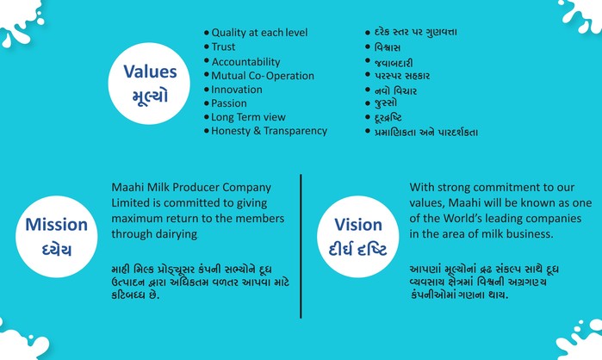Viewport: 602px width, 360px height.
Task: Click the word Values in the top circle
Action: tap(150, 71)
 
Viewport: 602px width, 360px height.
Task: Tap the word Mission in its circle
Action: tap(57, 225)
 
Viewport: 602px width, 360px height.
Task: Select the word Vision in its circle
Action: tap(358, 225)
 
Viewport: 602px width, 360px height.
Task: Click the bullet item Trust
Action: tap(223, 47)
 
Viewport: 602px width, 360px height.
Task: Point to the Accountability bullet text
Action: tap(245, 62)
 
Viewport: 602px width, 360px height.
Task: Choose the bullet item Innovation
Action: tap(237, 90)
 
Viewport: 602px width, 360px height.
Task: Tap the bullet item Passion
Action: tap(229, 103)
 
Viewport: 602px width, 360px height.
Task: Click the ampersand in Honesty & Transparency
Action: tap(258, 131)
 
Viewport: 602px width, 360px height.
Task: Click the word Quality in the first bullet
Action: tap(229, 33)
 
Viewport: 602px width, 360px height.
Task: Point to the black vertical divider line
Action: tap(301, 246)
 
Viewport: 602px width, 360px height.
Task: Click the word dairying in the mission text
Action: tap(176, 234)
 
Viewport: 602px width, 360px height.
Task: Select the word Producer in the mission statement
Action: tap(195, 187)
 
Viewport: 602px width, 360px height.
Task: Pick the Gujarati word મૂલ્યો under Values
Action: tap(150, 96)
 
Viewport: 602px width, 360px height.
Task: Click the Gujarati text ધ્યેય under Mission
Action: tap(57, 250)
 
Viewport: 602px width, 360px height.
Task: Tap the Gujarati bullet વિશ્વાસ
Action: tap(388, 47)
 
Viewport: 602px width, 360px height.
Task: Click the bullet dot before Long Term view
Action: tap(207, 117)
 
